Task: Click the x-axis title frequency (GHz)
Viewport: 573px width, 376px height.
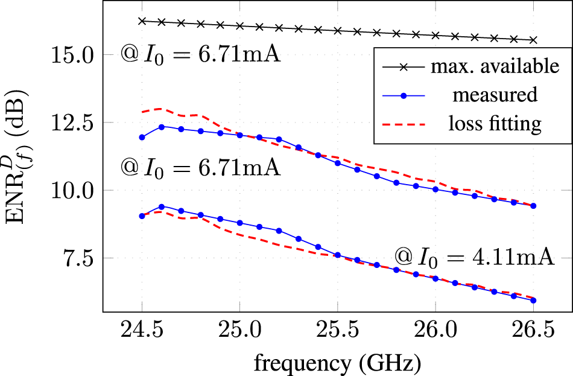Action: click(337, 363)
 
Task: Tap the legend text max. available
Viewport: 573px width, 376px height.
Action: click(495, 66)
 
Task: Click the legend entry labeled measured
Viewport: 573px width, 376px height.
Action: click(495, 95)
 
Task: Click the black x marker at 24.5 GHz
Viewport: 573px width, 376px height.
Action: click(142, 21)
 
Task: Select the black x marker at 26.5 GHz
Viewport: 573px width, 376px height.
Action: click(533, 40)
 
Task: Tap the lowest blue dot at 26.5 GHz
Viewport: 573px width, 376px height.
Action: click(533, 300)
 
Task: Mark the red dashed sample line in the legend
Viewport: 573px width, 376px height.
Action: click(405, 124)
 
